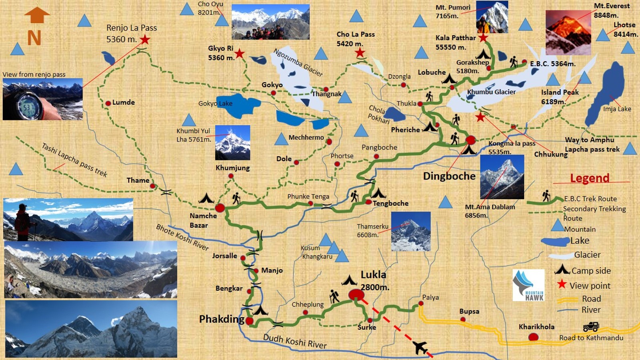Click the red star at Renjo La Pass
pyautogui.click(x=145, y=40)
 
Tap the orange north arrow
pyautogui.click(x=37, y=16)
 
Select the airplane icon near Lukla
pyautogui.click(x=420, y=347)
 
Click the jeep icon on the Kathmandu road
pyautogui.click(x=591, y=327)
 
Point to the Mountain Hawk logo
pyautogui.click(x=528, y=285)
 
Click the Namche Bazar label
pyautogui.click(x=203, y=220)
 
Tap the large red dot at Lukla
pyautogui.click(x=356, y=295)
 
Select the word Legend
pyautogui.click(x=590, y=178)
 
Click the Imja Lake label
pyautogui.click(x=617, y=109)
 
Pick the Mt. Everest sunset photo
pyautogui.click(x=568, y=32)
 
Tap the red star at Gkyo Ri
pyautogui.click(x=239, y=53)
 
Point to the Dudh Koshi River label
pyautogui.click(x=295, y=341)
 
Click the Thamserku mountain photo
pyautogui.click(x=411, y=231)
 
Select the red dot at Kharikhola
pyautogui.click(x=533, y=337)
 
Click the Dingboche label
pyautogui.click(x=449, y=176)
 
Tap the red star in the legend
pyautogui.click(x=562, y=284)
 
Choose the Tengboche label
pyautogui.click(x=390, y=203)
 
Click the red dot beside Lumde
pyautogui.click(x=108, y=103)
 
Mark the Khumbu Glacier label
pyautogui.click(x=491, y=92)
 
